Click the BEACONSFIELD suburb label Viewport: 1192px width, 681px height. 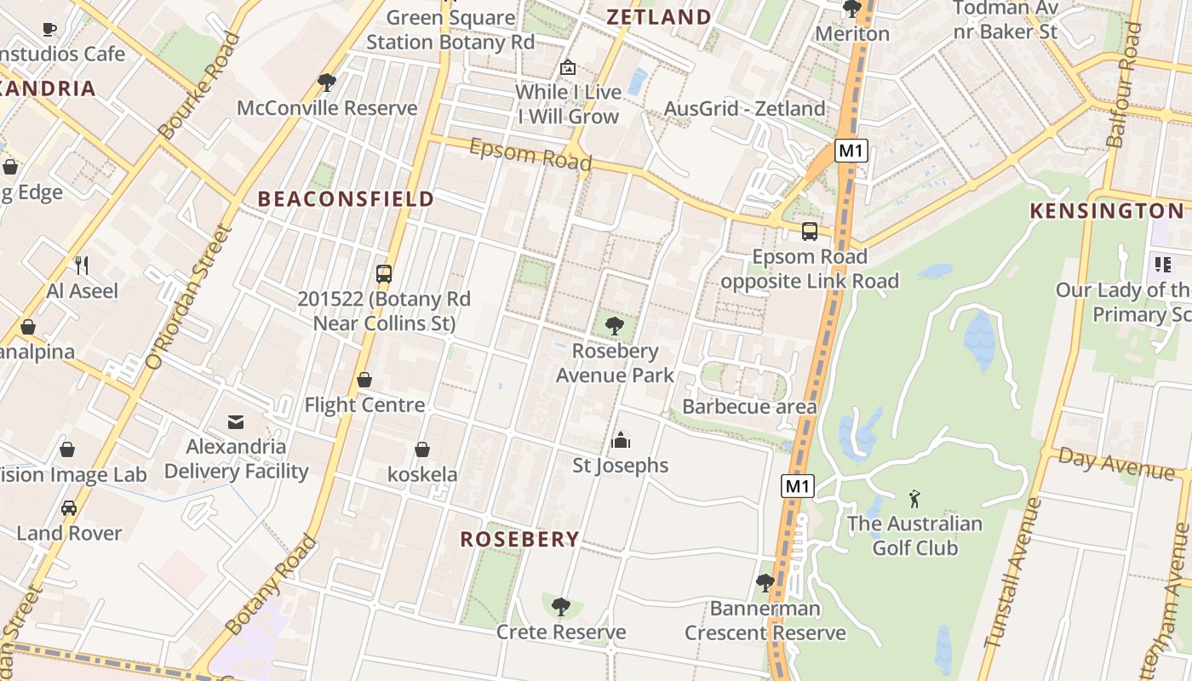click(346, 199)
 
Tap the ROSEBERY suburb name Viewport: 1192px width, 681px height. click(519, 539)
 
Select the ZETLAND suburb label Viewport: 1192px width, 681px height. click(658, 17)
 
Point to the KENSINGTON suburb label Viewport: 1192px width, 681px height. click(1107, 211)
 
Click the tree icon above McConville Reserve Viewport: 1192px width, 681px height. click(326, 83)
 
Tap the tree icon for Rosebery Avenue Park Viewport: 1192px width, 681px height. click(614, 325)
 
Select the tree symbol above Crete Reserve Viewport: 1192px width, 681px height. click(560, 607)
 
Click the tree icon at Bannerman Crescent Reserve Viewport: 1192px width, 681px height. click(765, 583)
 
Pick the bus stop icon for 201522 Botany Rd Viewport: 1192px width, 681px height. click(384, 274)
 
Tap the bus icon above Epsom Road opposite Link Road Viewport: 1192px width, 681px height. click(809, 232)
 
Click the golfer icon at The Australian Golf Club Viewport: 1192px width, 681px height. click(914, 498)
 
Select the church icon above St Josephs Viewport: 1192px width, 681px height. click(620, 440)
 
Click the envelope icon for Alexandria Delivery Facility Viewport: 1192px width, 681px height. click(236, 421)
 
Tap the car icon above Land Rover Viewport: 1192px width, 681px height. click(69, 508)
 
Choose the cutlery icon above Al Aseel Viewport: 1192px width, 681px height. click(82, 265)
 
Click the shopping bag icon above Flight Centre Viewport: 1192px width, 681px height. click(364, 380)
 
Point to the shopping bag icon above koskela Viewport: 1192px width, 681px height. click(422, 449)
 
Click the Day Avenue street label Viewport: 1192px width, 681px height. click(1115, 464)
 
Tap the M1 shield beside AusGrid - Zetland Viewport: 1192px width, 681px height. click(851, 152)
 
